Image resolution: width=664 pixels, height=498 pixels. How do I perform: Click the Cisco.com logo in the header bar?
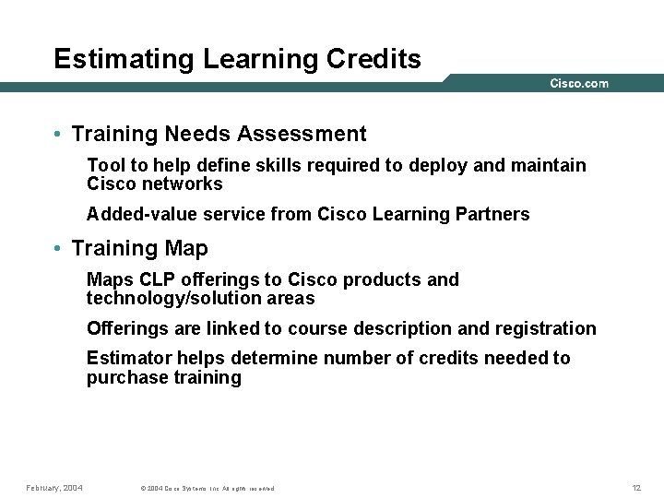(579, 84)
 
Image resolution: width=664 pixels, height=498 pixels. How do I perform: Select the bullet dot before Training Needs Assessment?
(58, 135)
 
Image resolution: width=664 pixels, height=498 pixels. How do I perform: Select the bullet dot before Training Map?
(58, 249)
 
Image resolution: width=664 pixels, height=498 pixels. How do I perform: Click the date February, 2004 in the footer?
(54, 487)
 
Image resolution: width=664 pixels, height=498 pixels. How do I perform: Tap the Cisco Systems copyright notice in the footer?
(207, 488)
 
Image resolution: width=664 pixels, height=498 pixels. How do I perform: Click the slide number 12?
(636, 487)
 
